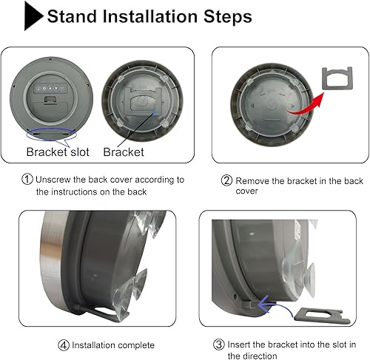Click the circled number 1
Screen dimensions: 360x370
click(27, 179)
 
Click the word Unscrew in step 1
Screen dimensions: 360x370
click(56, 179)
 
